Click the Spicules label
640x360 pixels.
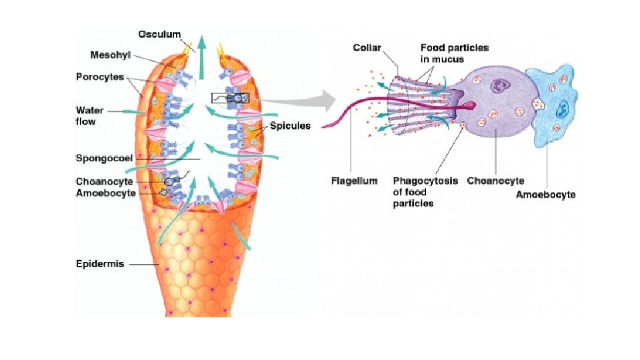tap(291, 126)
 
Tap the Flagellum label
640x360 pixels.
tap(354, 181)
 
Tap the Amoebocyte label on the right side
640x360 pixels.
tap(546, 195)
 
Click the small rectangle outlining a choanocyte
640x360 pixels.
tap(229, 98)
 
